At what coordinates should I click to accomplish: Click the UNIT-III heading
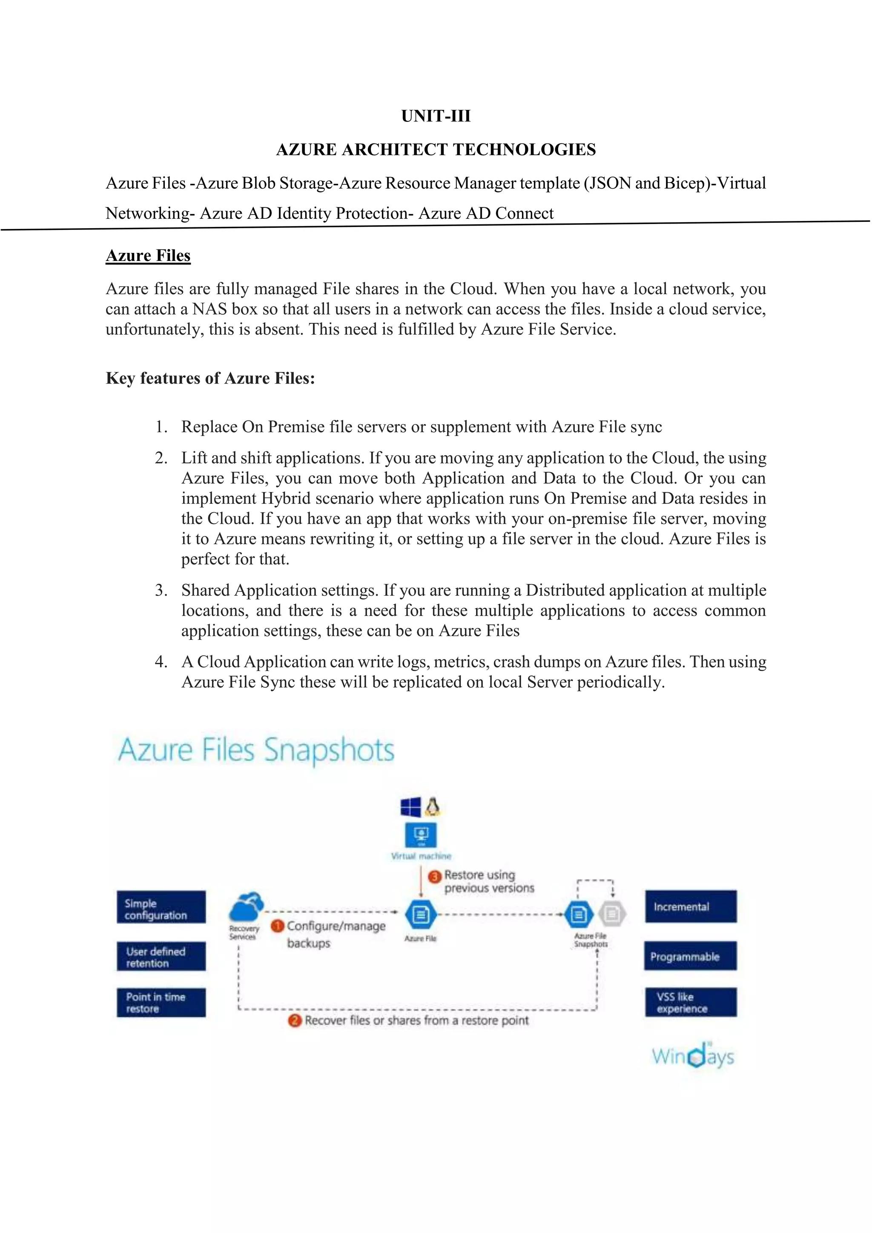436,116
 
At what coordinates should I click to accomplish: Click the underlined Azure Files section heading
148,255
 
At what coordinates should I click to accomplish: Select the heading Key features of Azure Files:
210,378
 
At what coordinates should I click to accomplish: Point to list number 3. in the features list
161,590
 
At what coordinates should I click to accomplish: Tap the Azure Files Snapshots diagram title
256,750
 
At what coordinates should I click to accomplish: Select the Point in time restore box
161,1003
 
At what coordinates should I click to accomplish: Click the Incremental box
691,907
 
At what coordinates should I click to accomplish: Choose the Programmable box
691,956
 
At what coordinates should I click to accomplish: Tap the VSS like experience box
691,1003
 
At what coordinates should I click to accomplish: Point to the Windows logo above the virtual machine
411,807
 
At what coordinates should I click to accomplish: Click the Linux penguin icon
433,807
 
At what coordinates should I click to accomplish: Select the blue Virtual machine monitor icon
421,836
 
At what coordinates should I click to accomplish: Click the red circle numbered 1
277,926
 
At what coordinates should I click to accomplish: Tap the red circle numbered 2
295,1021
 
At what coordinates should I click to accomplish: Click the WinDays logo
693,1056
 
